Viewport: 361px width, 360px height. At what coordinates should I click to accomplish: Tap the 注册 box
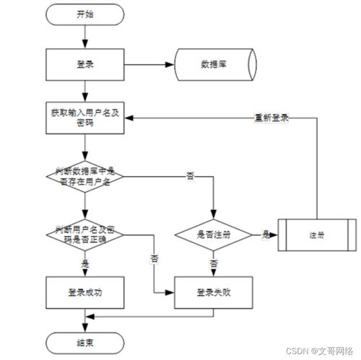316,234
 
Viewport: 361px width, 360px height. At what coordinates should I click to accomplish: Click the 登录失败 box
214,291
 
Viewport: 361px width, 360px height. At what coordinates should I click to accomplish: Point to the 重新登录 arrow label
271,118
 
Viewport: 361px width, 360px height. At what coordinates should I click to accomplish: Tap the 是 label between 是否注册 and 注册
265,234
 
